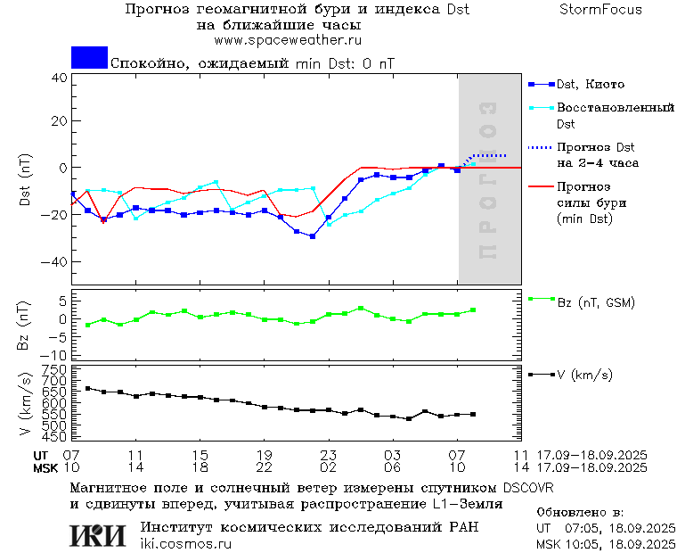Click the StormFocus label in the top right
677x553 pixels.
pos(600,10)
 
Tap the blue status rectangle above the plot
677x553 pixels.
pos(89,58)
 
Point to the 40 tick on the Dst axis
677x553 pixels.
pos(59,78)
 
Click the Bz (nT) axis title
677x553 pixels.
pos(25,325)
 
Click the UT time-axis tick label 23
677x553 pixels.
pos(329,455)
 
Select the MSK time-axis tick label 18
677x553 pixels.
pos(200,467)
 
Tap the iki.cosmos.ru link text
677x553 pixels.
pos(185,543)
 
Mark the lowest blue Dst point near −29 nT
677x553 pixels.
pos(313,236)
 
